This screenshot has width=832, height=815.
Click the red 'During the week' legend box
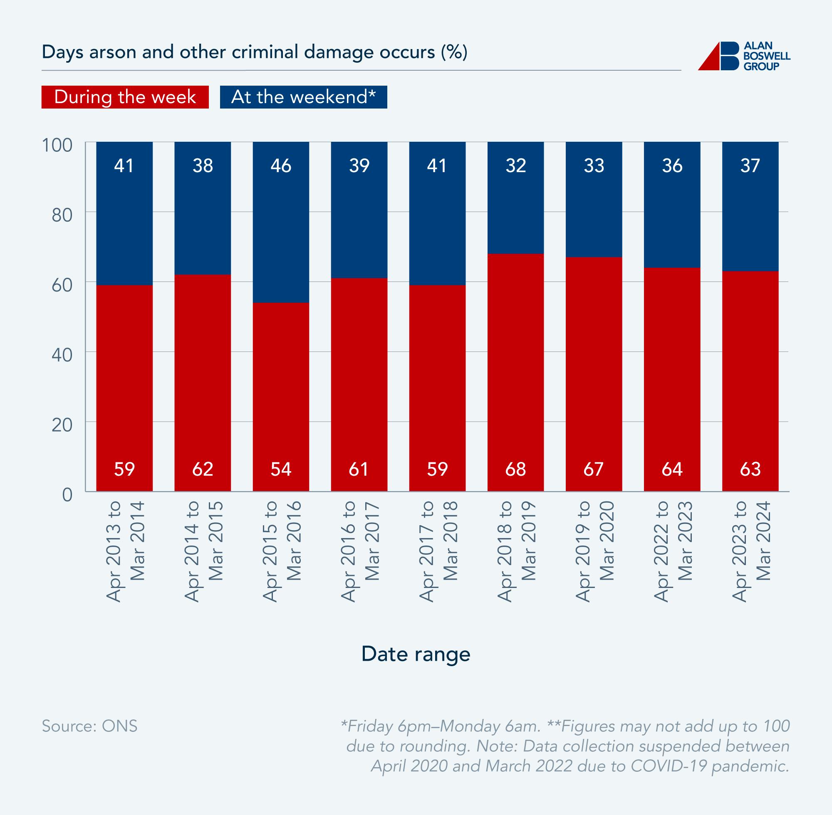125,97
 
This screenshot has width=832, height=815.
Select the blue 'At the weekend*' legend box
303,97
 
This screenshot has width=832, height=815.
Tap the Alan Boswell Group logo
744,56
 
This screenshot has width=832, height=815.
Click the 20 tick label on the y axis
62,425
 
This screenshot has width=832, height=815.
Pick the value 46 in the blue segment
281,166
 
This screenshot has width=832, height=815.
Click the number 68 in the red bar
515,469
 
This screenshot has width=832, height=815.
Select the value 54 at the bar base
281,469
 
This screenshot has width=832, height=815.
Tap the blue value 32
515,166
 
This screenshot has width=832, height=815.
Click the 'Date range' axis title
416,654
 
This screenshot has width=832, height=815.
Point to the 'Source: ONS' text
89,726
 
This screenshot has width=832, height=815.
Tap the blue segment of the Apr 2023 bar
750,205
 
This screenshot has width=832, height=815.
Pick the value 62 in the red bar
203,469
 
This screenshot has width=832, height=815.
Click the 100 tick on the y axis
57,145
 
